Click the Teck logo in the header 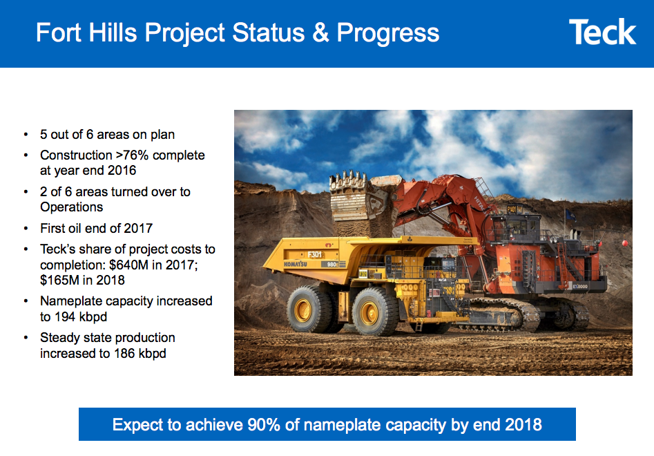point(602,32)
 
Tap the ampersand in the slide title point(320,32)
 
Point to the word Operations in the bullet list point(71,207)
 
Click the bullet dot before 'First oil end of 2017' point(26,229)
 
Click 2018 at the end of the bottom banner point(524,424)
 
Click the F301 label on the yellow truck point(316,254)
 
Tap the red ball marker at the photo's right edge point(624,243)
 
